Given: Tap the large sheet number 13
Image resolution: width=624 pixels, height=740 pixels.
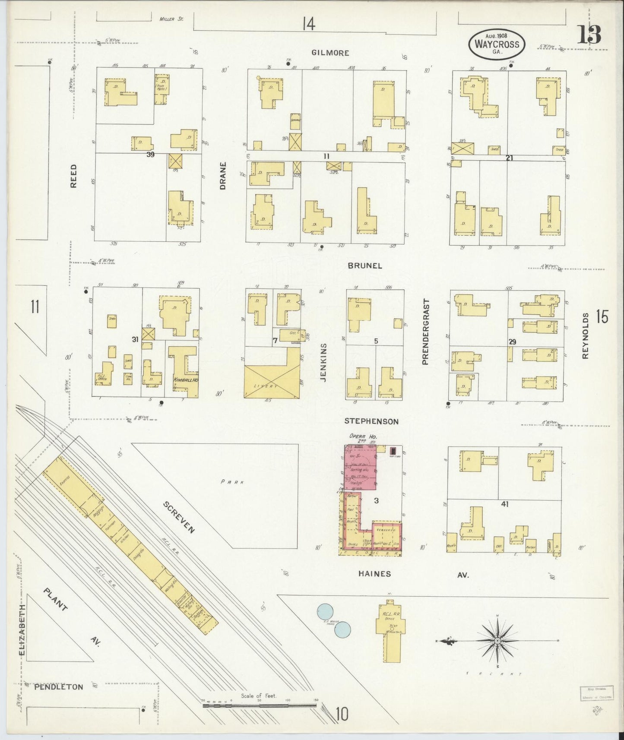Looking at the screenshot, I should [x=589, y=35].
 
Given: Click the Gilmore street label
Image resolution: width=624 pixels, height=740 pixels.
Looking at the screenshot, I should [x=330, y=53].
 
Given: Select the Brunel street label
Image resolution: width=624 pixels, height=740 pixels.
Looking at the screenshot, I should [x=365, y=266].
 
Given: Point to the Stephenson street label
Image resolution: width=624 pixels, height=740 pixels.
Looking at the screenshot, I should [x=371, y=421].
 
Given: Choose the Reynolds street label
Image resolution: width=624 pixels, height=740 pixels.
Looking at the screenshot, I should [x=585, y=336].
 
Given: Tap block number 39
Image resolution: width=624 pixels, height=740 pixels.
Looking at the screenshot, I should [x=150, y=154].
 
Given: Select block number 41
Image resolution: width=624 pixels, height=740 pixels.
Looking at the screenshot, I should [x=504, y=503].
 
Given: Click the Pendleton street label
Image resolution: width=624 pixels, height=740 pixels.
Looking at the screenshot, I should [x=58, y=686].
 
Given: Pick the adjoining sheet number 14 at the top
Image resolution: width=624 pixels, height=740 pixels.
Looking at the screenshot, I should [x=308, y=24].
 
